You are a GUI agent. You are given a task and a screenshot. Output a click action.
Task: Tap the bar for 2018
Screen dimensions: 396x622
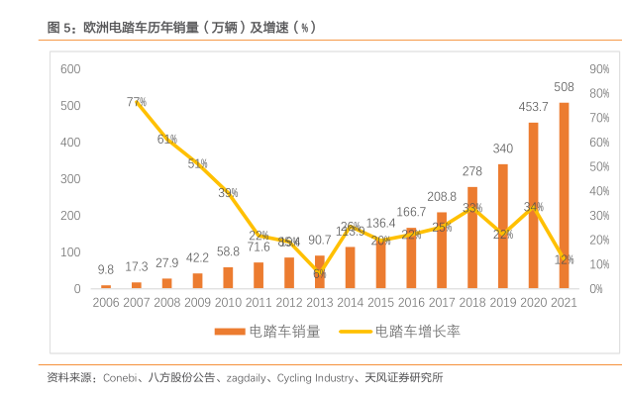pos(472,238)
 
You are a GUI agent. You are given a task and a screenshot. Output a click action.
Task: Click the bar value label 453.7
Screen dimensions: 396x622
pos(533,107)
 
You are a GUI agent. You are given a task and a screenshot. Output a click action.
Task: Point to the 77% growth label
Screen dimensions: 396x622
pos(137,102)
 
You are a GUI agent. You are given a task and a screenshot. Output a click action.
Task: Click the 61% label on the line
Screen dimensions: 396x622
pos(166,140)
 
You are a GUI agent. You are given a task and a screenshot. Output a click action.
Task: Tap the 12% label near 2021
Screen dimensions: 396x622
pos(564,259)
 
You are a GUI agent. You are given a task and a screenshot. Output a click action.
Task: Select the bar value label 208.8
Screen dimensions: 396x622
pos(442,197)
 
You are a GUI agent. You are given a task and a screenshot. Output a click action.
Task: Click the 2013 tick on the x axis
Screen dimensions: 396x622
pos(319,301)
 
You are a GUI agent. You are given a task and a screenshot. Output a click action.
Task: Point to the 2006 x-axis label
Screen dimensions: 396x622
pos(106,301)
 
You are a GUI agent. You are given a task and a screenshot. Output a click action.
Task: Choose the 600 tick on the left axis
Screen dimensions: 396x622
pos(69,69)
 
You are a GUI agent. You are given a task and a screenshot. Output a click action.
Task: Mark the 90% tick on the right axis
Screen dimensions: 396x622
pos(598,69)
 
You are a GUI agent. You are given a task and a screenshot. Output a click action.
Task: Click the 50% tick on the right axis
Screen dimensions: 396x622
pos(598,167)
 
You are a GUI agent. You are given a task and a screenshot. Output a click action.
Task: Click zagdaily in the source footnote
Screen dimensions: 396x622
pos(243,377)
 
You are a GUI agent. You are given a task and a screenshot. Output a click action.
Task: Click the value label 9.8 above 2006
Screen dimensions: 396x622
pos(106,269)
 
